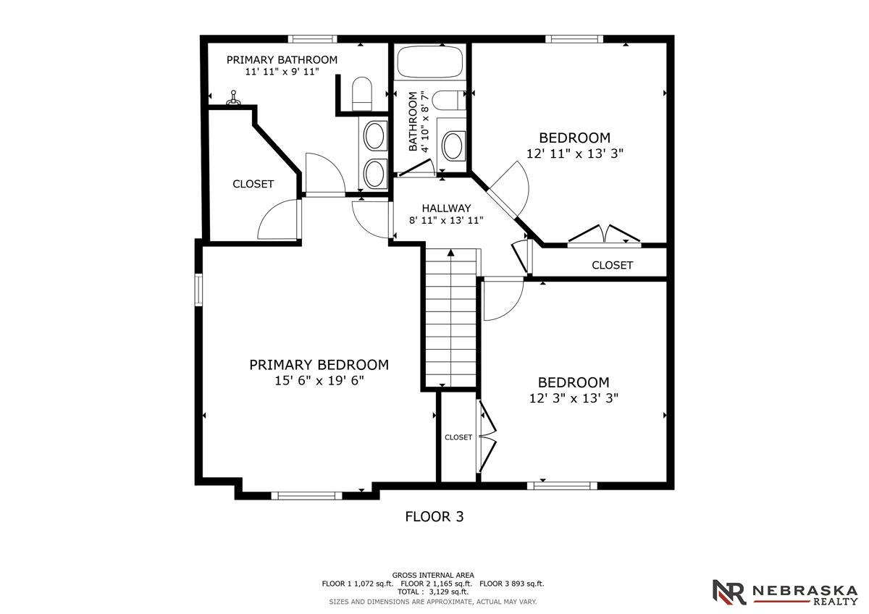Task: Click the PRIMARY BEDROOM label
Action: pyautogui.click(x=319, y=365)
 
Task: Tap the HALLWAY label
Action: pyautogui.click(x=446, y=209)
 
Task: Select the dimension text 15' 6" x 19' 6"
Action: pyautogui.click(x=319, y=381)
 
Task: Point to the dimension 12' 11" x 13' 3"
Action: pyautogui.click(x=574, y=153)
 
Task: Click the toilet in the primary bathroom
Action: pyautogui.click(x=362, y=94)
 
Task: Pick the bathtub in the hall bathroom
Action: pyautogui.click(x=430, y=62)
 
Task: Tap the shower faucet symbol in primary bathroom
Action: pyautogui.click(x=233, y=98)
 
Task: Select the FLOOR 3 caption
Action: pyautogui.click(x=434, y=517)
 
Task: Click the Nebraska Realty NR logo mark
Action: pyautogui.click(x=729, y=592)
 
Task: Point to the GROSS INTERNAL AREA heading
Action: pyautogui.click(x=433, y=575)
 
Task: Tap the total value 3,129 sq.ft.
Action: pyautogui.click(x=448, y=592)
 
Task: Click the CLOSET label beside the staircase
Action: pyautogui.click(x=458, y=437)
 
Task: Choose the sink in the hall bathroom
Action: pyautogui.click(x=453, y=146)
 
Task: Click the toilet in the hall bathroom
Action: pyautogui.click(x=448, y=101)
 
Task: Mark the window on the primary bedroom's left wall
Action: pyautogui.click(x=198, y=290)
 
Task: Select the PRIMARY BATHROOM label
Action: pyautogui.click(x=282, y=59)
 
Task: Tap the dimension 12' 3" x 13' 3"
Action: pyautogui.click(x=574, y=398)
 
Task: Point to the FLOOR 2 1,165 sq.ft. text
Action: pyautogui.click(x=437, y=584)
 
